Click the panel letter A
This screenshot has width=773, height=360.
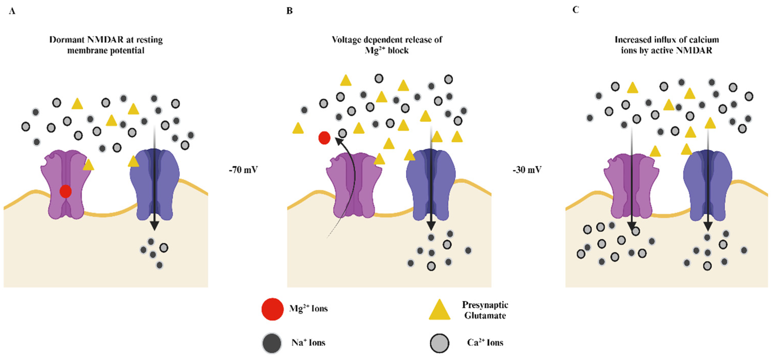(12, 11)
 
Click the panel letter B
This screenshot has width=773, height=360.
(289, 11)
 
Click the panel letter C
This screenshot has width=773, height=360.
(575, 10)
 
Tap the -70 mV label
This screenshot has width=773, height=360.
(243, 170)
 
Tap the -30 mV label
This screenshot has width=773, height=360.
(527, 170)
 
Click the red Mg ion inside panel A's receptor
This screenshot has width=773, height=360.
(65, 191)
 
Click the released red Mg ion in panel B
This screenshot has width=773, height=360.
(324, 138)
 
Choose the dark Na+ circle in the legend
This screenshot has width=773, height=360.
(272, 343)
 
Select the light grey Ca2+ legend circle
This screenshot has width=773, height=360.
(440, 343)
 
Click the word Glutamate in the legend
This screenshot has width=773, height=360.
(485, 315)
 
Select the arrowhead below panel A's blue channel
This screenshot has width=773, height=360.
(154, 226)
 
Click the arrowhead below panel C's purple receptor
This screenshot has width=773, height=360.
(632, 226)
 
